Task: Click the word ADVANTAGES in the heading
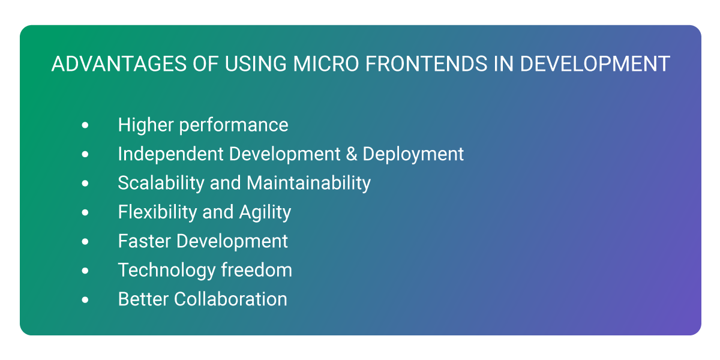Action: pos(119,64)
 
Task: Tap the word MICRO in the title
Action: pos(326,64)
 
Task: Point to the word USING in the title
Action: pos(256,64)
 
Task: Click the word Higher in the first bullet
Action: pos(146,125)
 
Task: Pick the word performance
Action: pos(233,125)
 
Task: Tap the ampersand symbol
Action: pos(352,154)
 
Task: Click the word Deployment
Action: pos(413,154)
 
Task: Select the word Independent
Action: pos(171,154)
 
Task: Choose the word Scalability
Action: pos(161,183)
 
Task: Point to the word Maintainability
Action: pos(308,183)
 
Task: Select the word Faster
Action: pos(145,241)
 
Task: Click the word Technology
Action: pos(167,271)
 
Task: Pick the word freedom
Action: pos(257,269)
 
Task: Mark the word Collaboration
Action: pos(230,299)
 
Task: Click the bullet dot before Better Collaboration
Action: pos(85,300)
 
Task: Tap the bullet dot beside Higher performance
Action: pos(85,125)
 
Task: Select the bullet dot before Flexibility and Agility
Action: pos(85,212)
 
